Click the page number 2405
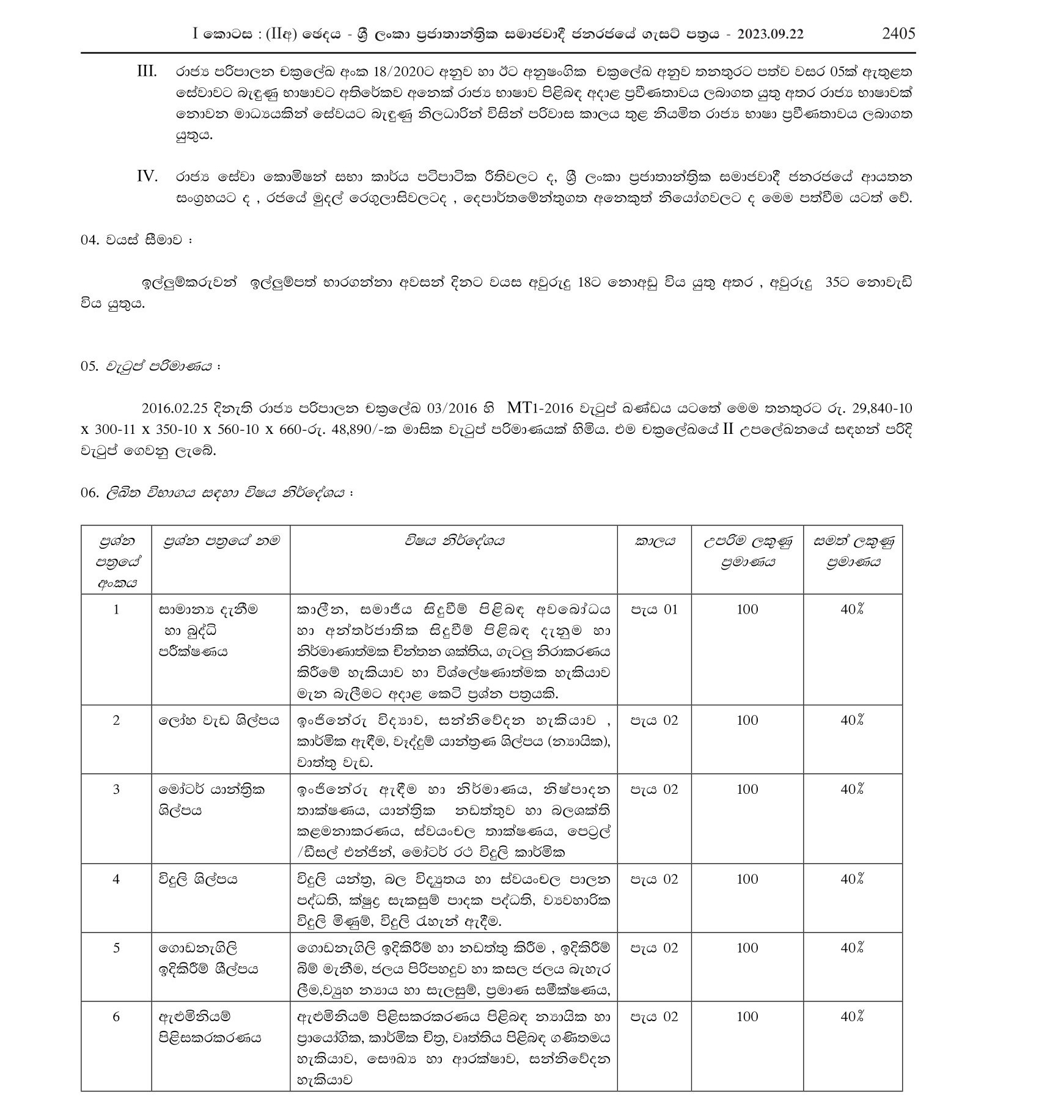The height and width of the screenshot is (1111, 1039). [898, 33]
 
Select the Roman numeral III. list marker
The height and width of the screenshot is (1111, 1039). [147, 71]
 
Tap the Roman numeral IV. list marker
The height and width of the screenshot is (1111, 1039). [147, 177]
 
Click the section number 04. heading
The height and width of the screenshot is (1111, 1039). [89, 240]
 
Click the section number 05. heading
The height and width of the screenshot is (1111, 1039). [89, 366]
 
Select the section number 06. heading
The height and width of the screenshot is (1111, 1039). [89, 493]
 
